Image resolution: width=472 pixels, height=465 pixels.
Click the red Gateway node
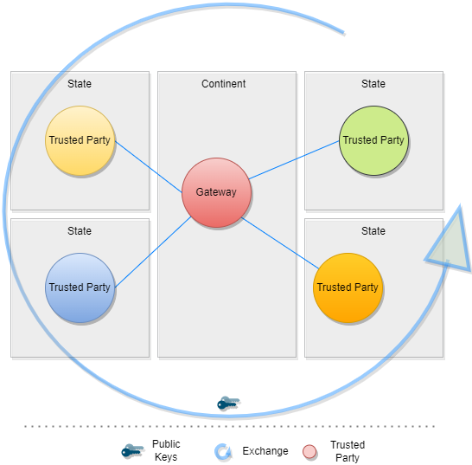216,192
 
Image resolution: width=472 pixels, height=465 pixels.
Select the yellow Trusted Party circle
80,140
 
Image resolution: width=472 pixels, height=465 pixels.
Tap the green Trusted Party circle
373,140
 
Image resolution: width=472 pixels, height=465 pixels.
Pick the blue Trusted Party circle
80,287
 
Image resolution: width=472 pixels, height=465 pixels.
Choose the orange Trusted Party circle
348,287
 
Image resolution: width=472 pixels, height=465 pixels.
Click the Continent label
224,84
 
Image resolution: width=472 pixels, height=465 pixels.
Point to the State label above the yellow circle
80,84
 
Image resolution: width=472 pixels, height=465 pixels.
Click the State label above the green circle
373,84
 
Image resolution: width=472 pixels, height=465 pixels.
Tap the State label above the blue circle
80,231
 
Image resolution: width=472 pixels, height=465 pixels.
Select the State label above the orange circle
373,231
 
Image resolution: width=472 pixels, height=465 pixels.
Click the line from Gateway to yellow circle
149,166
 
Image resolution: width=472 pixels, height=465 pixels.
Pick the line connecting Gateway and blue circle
151,251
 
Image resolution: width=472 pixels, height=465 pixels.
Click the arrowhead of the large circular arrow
449,246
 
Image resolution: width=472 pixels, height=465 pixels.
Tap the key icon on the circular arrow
228,404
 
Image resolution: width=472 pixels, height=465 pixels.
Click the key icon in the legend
132,451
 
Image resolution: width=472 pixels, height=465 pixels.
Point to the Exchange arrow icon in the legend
223,451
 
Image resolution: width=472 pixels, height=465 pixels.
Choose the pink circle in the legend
309,451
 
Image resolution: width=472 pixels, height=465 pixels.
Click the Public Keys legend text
166,450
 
